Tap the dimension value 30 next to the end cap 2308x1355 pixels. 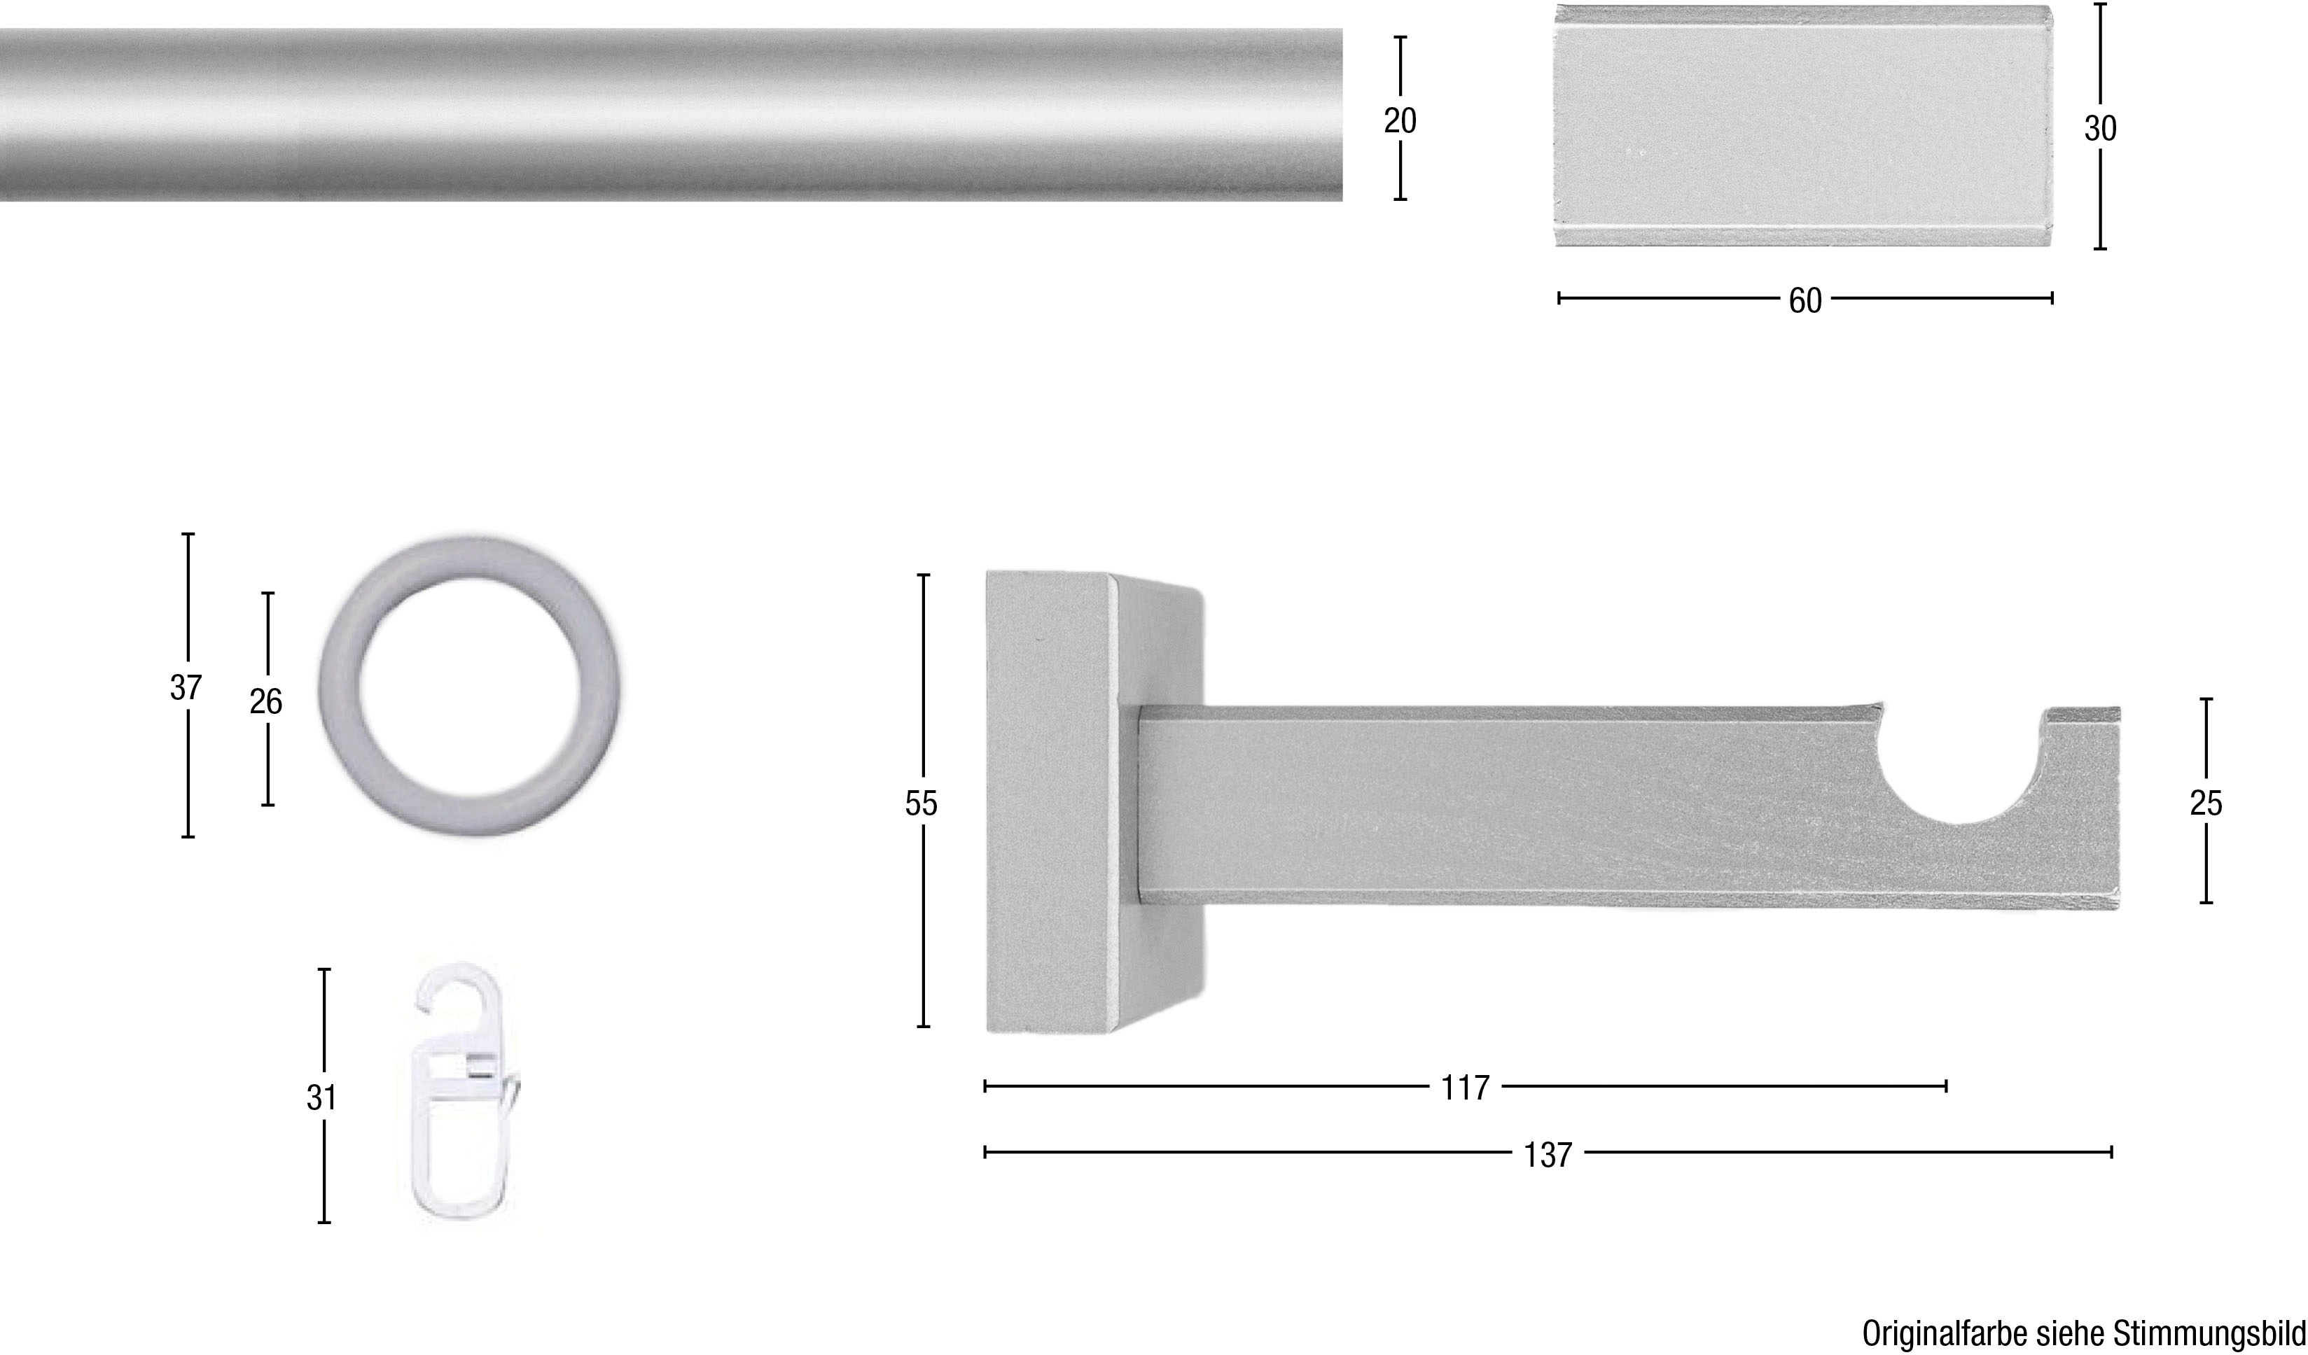pyautogui.click(x=2100, y=129)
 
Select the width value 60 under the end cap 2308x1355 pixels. pyautogui.click(x=1805, y=301)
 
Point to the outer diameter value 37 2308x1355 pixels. pyautogui.click(x=186, y=687)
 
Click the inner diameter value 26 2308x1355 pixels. pyautogui.click(x=265, y=702)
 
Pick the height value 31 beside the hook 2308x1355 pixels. pyautogui.click(x=321, y=1097)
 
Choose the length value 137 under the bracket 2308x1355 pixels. pyautogui.click(x=1548, y=1156)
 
